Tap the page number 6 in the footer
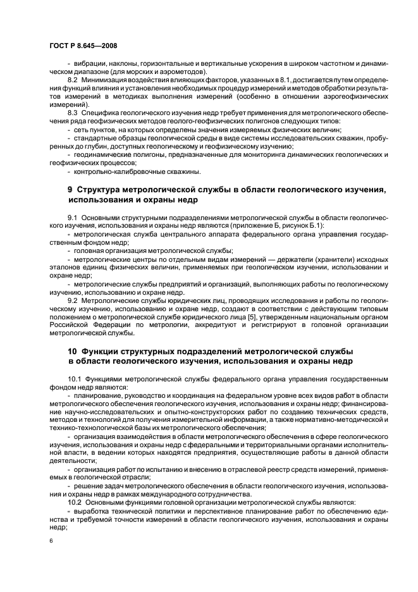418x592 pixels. click(x=51, y=541)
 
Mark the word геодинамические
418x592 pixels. click(x=101, y=154)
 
